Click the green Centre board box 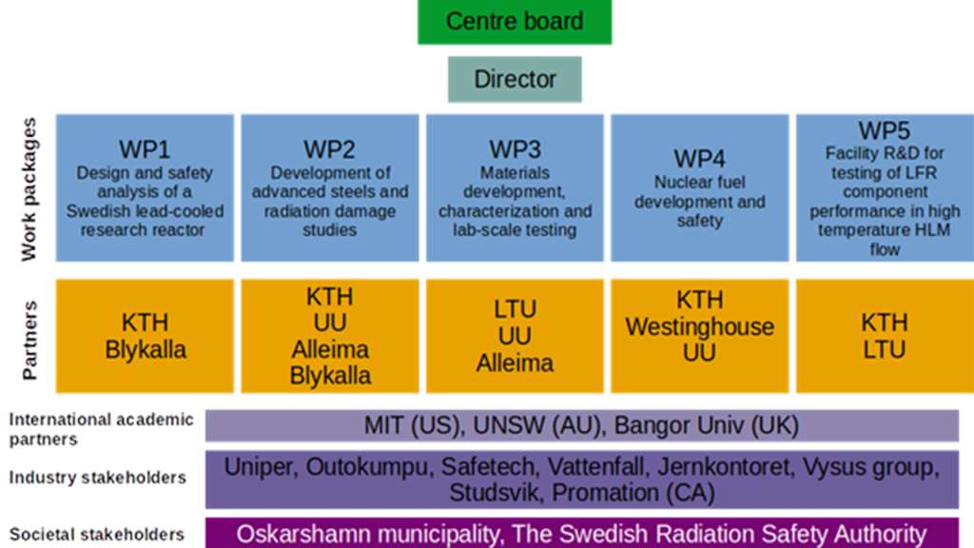515,22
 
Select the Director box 515,79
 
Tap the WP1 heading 145,149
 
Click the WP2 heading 330,149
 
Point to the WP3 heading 515,149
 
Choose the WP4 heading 700,158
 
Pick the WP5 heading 885,130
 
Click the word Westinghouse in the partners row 699,326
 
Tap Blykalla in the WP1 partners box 146,349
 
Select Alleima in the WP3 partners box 515,362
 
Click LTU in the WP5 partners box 885,349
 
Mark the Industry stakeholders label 98,478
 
